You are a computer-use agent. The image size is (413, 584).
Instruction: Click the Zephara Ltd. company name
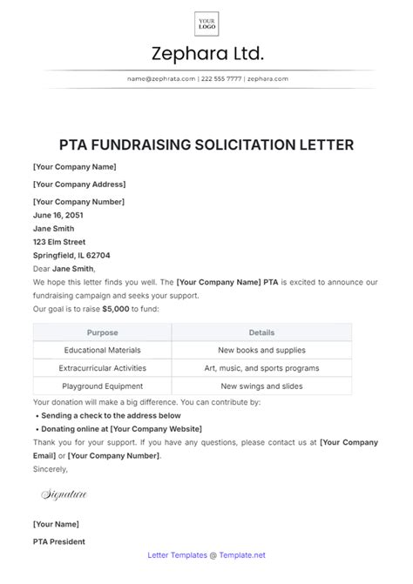pyautogui.click(x=206, y=54)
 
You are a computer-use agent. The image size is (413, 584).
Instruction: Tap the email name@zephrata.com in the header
pyautogui.click(x=160, y=78)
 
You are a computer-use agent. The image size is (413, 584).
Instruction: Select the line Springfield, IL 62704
pyautogui.click(x=71, y=256)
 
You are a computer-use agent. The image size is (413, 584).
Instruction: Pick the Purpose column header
pyautogui.click(x=102, y=332)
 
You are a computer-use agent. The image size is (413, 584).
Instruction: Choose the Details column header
pyautogui.click(x=261, y=332)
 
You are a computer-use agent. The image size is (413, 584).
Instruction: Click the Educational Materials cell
pyautogui.click(x=102, y=350)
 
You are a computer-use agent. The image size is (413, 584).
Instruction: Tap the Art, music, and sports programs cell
pyautogui.click(x=261, y=368)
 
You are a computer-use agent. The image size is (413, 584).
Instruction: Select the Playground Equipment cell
pyautogui.click(x=102, y=386)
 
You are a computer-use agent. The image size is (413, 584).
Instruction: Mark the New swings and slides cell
pyautogui.click(x=261, y=386)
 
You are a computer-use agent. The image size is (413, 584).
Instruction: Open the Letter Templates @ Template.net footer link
pyautogui.click(x=206, y=554)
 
